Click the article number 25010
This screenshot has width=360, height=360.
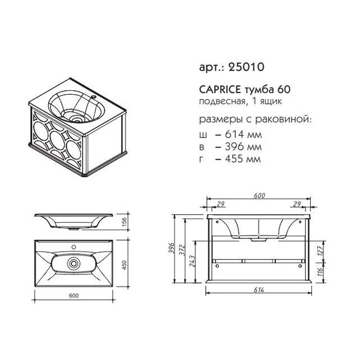tap(246, 67)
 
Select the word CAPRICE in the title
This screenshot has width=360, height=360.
tap(220, 89)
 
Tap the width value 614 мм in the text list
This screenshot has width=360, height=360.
tap(243, 135)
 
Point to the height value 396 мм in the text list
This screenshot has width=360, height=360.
tap(243, 146)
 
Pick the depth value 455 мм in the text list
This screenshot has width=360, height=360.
tap(243, 159)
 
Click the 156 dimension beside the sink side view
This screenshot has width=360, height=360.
tap(124, 222)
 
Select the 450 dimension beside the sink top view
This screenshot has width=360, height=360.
tap(124, 265)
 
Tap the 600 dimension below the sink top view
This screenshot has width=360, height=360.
tap(73, 296)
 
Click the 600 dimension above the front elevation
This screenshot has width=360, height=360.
tap(260, 196)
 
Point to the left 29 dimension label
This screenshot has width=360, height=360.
tap(220, 204)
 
